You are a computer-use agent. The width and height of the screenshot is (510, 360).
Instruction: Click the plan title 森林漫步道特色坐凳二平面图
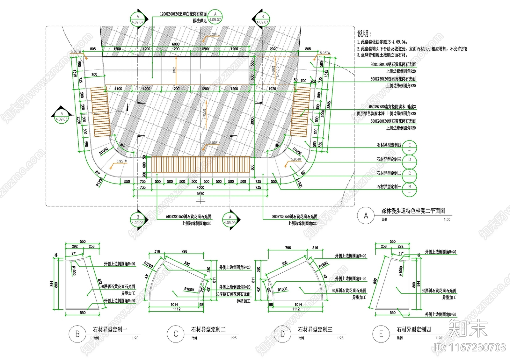(x=413, y=211)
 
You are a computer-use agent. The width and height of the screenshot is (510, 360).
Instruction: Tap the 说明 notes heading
(x=364, y=33)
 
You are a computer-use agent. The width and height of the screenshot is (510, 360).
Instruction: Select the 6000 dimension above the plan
(x=176, y=44)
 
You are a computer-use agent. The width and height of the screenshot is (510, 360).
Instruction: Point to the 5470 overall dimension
(x=200, y=193)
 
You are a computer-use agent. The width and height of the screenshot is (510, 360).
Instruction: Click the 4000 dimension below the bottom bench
(x=200, y=187)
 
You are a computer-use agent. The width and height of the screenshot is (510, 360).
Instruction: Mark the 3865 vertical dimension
(x=329, y=105)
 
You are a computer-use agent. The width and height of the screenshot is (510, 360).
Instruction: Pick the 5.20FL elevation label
(x=214, y=34)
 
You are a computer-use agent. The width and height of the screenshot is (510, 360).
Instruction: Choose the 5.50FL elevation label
(x=214, y=143)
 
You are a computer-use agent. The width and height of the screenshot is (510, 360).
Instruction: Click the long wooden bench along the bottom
(x=200, y=164)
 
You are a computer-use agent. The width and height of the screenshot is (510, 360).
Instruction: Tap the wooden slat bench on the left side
(x=100, y=112)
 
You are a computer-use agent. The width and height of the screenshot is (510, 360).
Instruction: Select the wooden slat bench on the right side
(x=301, y=112)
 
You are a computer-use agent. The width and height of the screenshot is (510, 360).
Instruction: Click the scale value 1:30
(x=447, y=220)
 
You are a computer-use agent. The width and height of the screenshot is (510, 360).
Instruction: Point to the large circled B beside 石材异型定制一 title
(x=77, y=334)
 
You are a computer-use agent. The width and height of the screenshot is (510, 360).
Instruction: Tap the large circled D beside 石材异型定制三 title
(x=282, y=334)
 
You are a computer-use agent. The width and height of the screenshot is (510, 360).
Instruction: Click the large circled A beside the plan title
(x=366, y=216)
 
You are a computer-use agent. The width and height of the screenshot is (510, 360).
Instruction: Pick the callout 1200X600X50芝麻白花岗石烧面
(x=183, y=14)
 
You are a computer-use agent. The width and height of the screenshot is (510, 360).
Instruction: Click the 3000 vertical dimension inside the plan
(x=252, y=121)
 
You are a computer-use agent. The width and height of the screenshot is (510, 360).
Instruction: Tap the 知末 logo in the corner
(x=468, y=328)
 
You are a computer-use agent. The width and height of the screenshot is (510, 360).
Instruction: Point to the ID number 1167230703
(x=470, y=347)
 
